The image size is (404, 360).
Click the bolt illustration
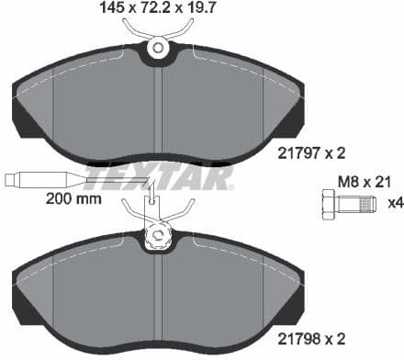[x=350, y=202]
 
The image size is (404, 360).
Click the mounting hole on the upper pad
[x=158, y=47]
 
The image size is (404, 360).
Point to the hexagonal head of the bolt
[x=329, y=202]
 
